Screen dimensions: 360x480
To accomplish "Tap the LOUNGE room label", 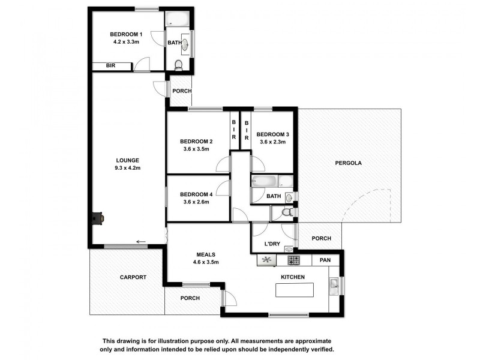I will (x=127, y=160).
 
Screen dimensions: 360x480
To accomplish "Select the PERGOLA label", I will (x=349, y=163).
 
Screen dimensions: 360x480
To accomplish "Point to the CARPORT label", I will (x=133, y=277).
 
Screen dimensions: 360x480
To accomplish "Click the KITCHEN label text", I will (x=293, y=277).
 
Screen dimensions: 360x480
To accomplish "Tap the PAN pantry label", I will (x=325, y=260).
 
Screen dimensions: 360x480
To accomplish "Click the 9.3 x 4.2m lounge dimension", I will (x=127, y=168).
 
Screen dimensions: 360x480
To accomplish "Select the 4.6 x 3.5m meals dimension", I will (x=205, y=262).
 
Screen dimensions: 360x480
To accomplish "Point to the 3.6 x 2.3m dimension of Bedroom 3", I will (x=272, y=142).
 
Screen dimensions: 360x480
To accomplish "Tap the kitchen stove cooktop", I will (x=294, y=260).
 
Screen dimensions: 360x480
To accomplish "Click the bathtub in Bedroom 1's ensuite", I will (x=178, y=18).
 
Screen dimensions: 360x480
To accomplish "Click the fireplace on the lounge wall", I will (x=97, y=218).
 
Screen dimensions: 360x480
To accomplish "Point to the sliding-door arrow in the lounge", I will (x=141, y=242).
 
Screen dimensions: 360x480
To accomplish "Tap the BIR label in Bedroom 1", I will (x=110, y=66).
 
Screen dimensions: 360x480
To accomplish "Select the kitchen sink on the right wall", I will (x=334, y=284).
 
